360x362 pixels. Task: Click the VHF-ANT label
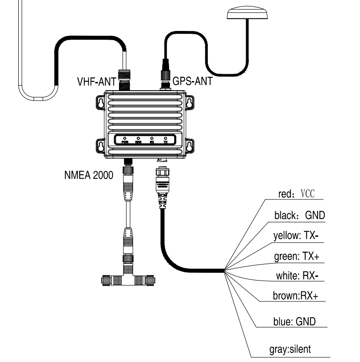94,83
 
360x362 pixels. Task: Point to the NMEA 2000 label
88,176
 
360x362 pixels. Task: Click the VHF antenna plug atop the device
124,78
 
